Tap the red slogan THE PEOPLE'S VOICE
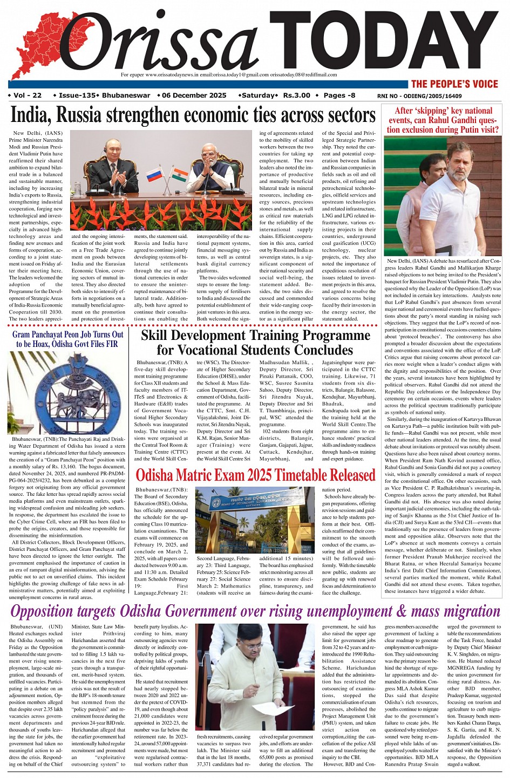[x=454, y=84]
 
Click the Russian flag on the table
[x=154, y=174]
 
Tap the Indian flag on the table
[x=180, y=175]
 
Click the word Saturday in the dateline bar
[x=258, y=95]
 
